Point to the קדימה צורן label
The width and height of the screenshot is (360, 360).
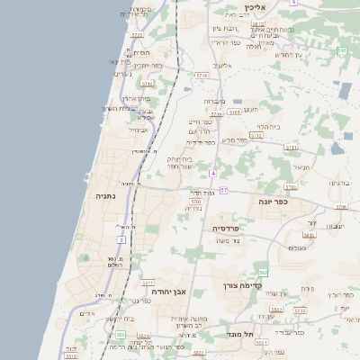pyautogui.click(x=242, y=285)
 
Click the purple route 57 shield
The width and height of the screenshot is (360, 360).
pyautogui.click(x=223, y=190)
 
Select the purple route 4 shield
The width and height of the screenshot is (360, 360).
pyautogui.click(x=212, y=173)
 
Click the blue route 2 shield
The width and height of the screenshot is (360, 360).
pyautogui.click(x=121, y=239)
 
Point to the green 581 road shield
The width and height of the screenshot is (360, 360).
pyautogui.click(x=342, y=51)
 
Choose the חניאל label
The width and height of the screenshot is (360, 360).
pyautogui.click(x=301, y=167)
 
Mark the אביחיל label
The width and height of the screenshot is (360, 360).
pyautogui.click(x=139, y=130)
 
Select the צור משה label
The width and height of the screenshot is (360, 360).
pyautogui.click(x=230, y=240)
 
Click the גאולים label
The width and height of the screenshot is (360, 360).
pyautogui.click(x=299, y=247)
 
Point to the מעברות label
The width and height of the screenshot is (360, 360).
pyautogui.click(x=213, y=102)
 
